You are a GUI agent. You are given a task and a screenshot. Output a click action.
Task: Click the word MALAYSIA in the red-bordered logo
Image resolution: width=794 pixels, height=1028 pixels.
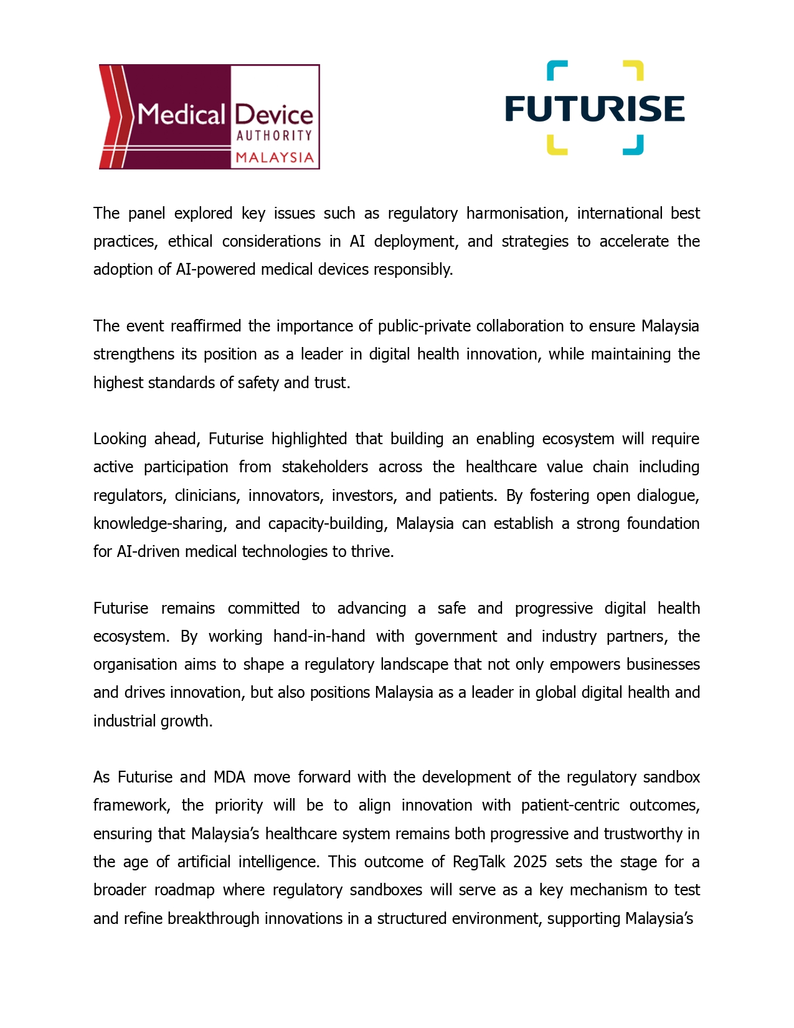274,157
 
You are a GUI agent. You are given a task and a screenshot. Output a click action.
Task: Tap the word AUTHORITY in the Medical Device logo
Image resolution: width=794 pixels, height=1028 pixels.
274,135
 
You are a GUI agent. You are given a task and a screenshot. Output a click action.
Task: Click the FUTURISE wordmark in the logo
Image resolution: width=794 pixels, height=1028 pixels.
595,108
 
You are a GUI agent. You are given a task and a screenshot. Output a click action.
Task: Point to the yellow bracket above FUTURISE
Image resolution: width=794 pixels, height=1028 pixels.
633,70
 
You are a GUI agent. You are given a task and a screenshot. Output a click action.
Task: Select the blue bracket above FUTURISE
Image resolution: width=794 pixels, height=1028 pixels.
557,70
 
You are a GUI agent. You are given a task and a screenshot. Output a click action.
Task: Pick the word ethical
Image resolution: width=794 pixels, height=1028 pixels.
190,242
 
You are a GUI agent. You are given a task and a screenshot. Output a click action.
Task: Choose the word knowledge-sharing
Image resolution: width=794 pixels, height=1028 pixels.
159,524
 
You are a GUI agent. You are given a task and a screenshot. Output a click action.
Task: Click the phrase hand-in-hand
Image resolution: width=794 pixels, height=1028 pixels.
319,637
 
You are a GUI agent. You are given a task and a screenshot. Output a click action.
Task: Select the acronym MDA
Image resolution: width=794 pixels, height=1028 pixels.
229,778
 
